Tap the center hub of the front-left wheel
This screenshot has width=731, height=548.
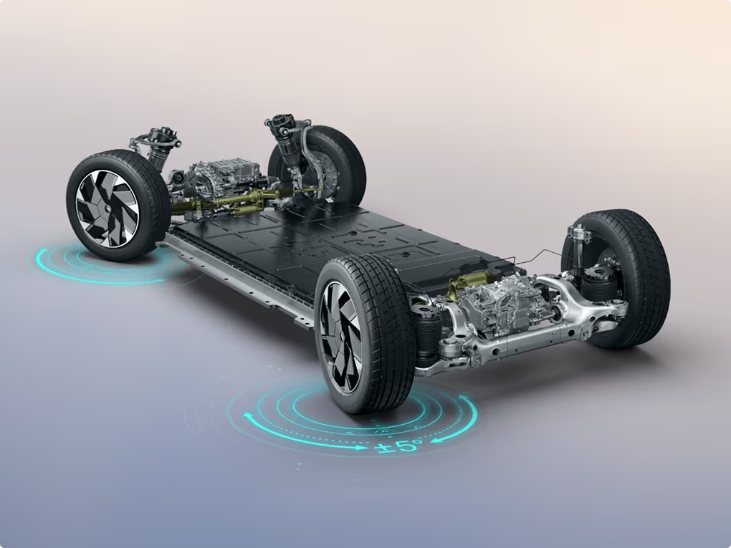point(108,208)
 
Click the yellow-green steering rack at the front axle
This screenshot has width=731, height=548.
point(233,202)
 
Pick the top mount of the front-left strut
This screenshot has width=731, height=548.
point(163,137)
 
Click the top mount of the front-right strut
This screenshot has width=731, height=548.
point(285,122)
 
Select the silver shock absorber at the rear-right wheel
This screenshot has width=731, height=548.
point(578,245)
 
